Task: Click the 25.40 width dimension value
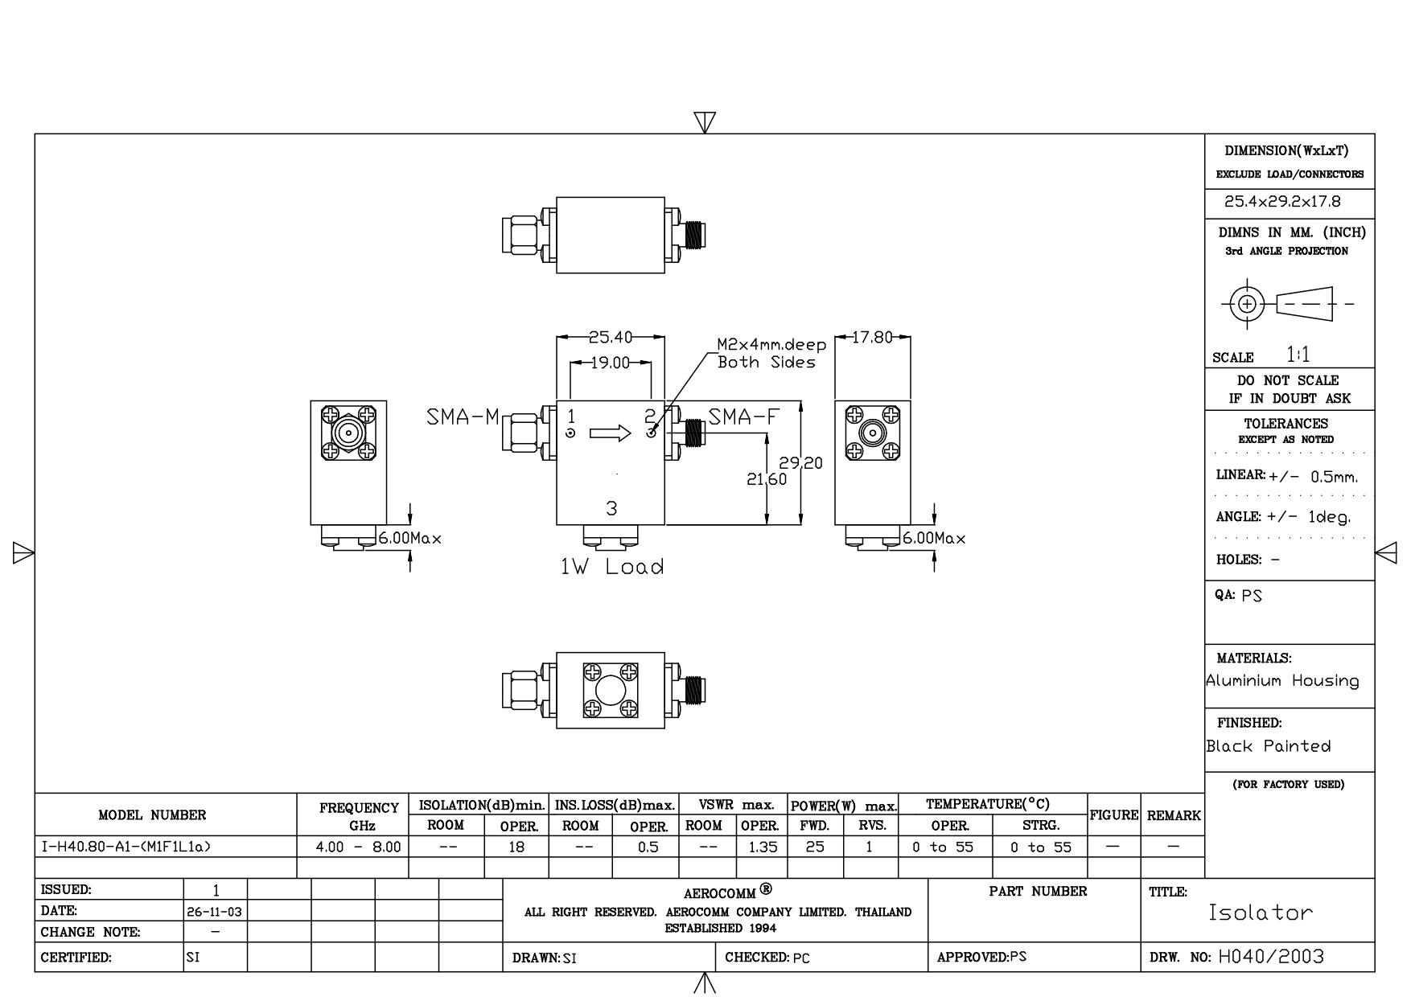tap(611, 338)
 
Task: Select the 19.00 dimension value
tap(611, 363)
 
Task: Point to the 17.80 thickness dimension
tap(873, 338)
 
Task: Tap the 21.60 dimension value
tap(767, 479)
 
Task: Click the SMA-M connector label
tap(463, 417)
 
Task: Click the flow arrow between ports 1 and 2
tap(611, 434)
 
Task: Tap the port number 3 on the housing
tap(611, 508)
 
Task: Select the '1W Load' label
tap(612, 567)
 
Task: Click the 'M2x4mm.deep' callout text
tap(771, 345)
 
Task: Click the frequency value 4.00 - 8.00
tap(359, 847)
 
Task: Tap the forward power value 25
tap(815, 847)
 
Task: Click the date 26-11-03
tap(216, 912)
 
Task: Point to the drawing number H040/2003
tap(1271, 957)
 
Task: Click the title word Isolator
tap(1261, 913)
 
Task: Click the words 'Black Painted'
tap(1269, 746)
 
